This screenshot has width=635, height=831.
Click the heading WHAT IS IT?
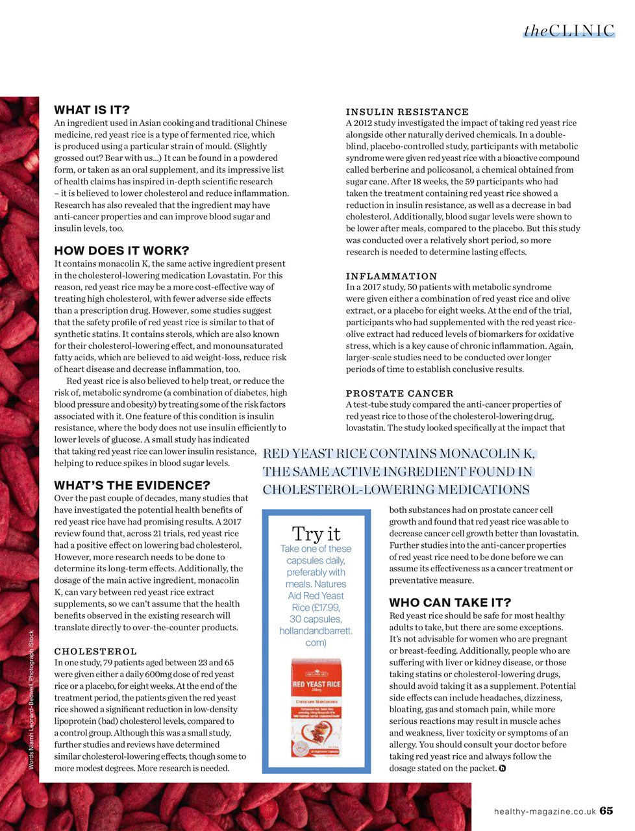pos(92,110)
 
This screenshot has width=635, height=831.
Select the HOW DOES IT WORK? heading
pos(121,251)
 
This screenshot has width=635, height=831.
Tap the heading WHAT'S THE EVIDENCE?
pos(132,485)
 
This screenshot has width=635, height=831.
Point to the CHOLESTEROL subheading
pos(95,651)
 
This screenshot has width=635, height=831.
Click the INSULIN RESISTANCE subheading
pos(407,112)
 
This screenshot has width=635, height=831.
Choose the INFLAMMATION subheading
pos(392,276)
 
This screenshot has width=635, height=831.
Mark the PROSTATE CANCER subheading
pos(399,393)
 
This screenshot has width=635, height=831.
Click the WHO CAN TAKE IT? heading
pos(450,602)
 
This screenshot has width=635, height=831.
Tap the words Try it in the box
pos(316,534)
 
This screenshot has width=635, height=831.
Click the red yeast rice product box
pos(316,708)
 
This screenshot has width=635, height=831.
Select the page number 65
pos(606,810)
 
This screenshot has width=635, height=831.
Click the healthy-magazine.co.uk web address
pos(545,811)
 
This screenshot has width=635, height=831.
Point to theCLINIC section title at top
pos(569,31)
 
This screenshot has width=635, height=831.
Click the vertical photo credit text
pos(31,700)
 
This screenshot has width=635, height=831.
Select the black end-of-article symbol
pos(502,768)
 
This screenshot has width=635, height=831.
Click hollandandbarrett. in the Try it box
pos(316,630)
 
